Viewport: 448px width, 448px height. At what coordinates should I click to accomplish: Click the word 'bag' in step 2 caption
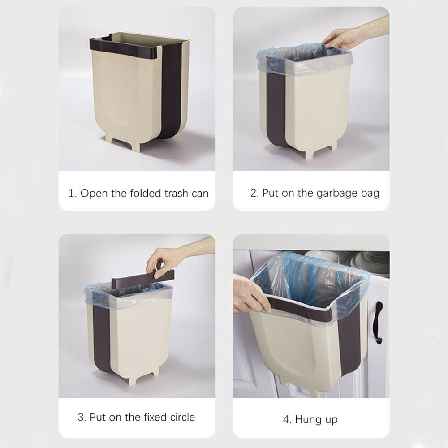pyautogui.click(x=370, y=194)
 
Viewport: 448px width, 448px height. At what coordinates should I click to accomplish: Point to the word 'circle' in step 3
pyautogui.click(x=182, y=417)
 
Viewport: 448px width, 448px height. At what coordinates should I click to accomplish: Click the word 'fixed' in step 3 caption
pyautogui.click(x=155, y=417)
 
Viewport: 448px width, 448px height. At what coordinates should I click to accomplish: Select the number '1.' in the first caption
pyautogui.click(x=73, y=194)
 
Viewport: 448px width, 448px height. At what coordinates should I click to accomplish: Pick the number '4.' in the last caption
pyautogui.click(x=287, y=419)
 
